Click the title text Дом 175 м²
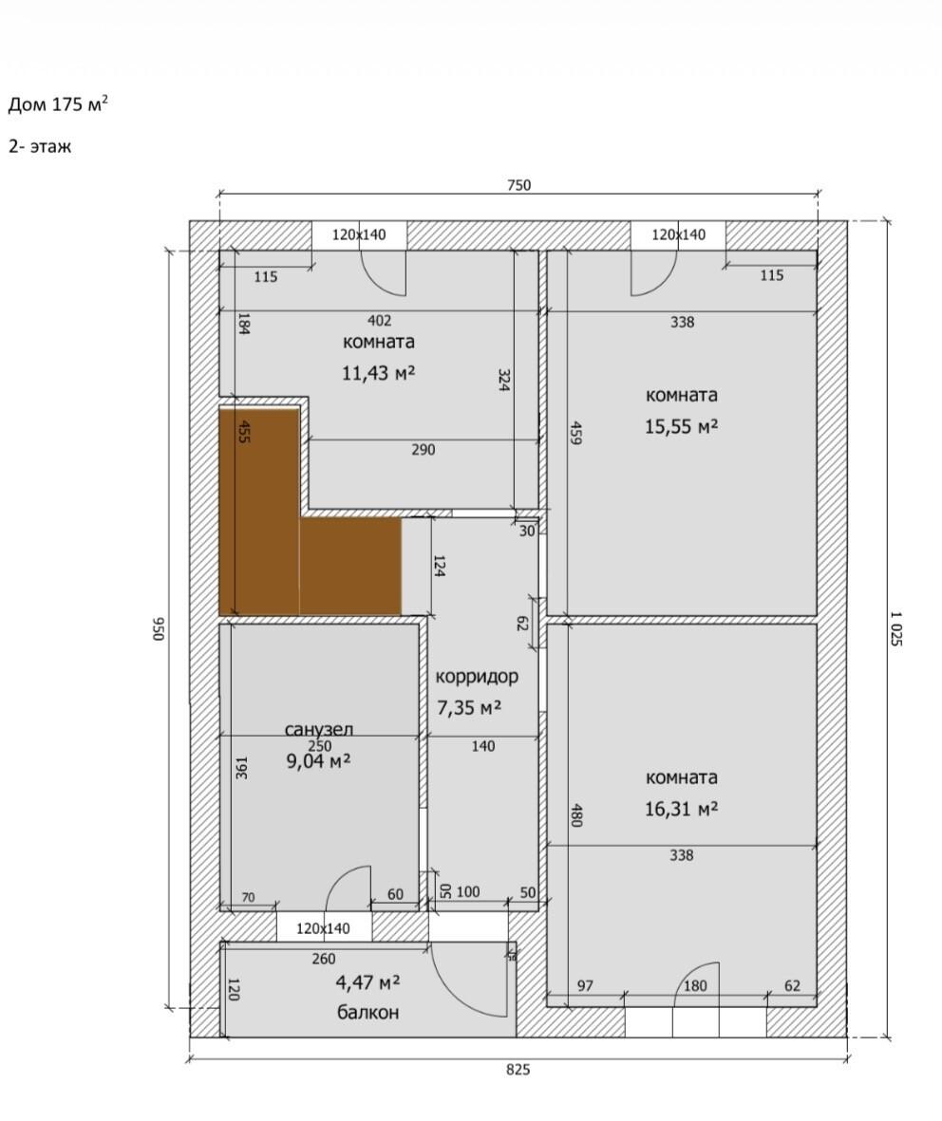58,104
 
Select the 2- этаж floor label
40,146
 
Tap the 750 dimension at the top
518,185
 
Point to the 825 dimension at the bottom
518,1070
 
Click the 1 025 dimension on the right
895,628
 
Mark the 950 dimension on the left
159,628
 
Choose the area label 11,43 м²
378,372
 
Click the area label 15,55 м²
681,426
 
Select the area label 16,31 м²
681,809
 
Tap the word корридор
477,677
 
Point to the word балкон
367,1013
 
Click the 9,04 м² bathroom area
318,760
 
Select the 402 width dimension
379,321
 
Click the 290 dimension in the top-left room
423,450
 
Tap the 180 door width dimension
694,986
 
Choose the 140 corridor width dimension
482,746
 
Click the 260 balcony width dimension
323,959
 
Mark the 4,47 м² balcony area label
367,982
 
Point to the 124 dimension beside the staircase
439,566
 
